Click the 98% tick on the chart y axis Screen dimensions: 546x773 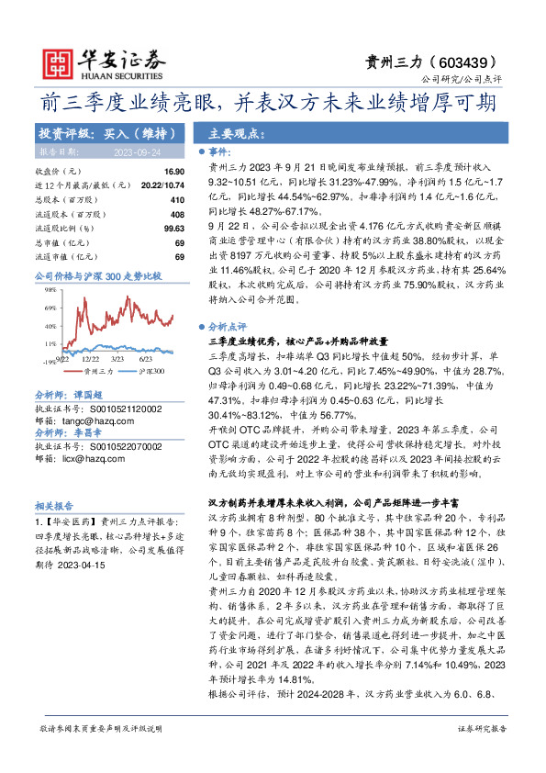coord(44,288)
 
